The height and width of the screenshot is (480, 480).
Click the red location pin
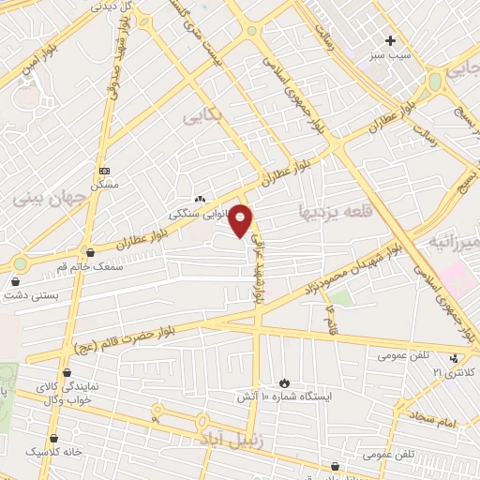[241, 220]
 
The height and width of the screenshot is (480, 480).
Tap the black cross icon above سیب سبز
[391, 40]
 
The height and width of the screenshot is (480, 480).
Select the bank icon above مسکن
[104, 172]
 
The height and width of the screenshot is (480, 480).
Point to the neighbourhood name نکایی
[204, 117]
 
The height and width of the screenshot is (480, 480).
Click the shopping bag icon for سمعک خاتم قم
[90, 252]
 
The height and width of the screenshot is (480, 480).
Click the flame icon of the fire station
[283, 382]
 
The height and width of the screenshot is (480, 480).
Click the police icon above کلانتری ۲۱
[455, 357]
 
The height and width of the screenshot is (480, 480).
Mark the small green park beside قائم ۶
[340, 298]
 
